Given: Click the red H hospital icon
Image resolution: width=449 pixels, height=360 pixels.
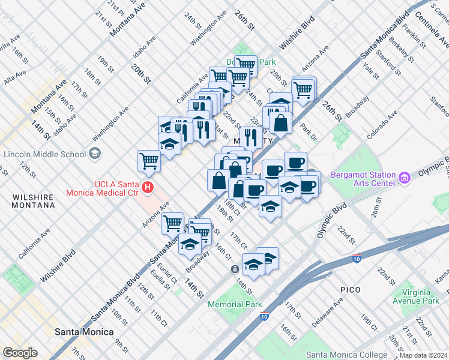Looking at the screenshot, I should point(147,190).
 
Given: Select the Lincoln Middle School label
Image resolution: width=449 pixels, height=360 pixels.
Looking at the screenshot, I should point(44,154).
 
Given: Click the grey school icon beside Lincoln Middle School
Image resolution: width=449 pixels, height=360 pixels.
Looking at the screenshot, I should point(95,154).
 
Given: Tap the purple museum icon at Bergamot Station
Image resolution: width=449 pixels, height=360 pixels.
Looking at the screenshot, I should point(405,178).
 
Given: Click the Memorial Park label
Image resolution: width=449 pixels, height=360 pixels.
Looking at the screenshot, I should point(235,304).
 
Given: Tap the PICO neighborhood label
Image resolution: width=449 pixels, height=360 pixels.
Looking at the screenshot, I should point(350,290).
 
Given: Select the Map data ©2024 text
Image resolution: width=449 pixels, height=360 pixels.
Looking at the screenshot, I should point(423,355).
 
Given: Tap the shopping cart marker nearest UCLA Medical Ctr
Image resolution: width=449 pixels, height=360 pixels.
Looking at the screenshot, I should point(149,160).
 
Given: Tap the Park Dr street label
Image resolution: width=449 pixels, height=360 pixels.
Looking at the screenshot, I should point(309,132).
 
